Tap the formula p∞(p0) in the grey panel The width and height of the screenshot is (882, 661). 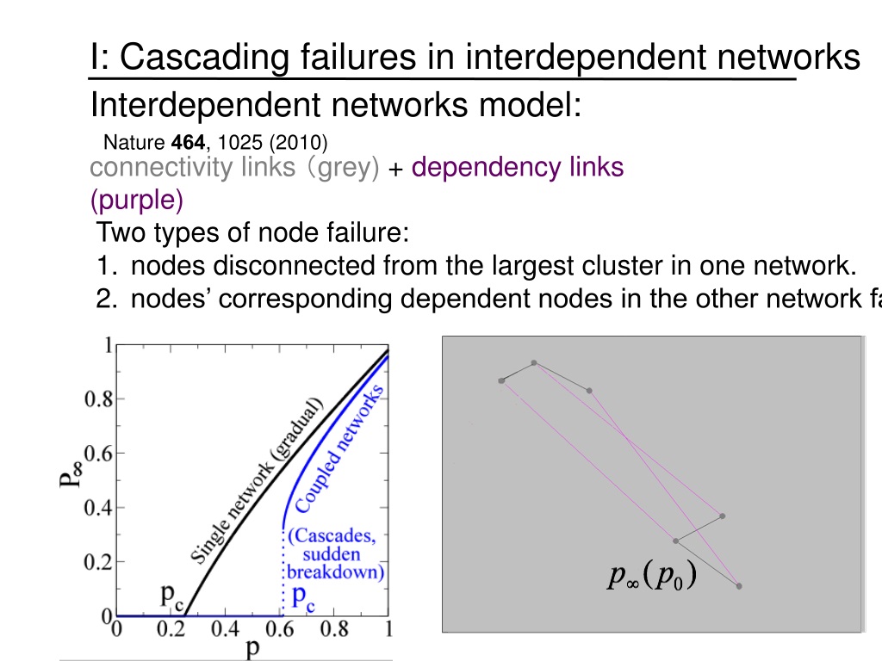click(651, 578)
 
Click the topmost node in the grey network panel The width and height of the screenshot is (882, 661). click(534, 363)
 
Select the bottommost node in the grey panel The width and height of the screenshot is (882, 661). click(739, 586)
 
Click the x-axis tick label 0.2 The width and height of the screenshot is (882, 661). click(171, 629)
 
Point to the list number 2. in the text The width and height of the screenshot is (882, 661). click(107, 300)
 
